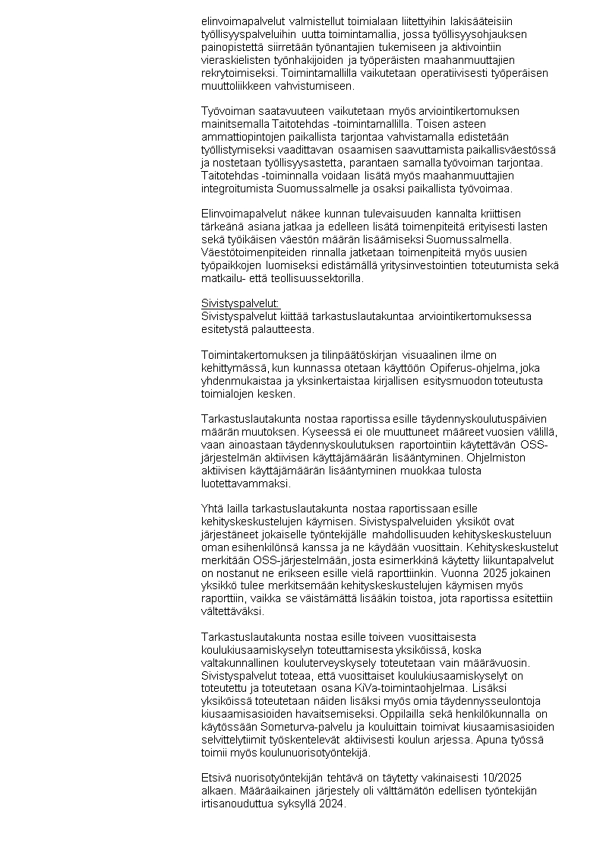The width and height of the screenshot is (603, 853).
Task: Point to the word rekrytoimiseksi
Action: pyautogui.click(x=238, y=74)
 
